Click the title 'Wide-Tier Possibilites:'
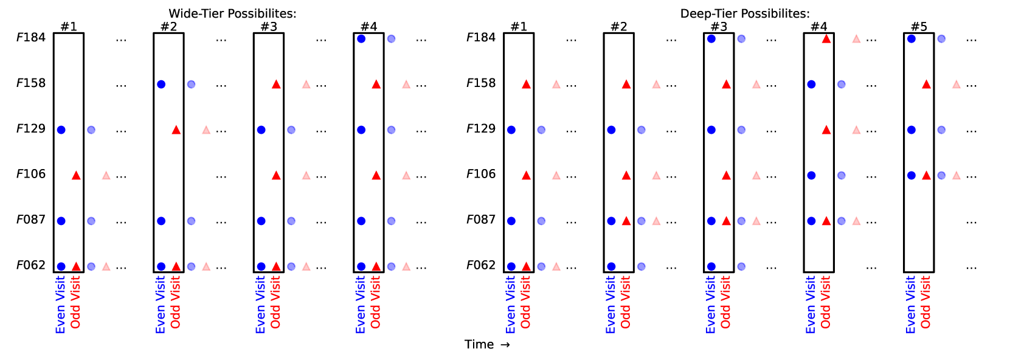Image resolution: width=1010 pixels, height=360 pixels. (232, 13)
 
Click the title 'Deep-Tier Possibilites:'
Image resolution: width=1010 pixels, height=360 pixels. (745, 13)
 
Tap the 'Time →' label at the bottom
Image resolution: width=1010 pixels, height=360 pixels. (487, 345)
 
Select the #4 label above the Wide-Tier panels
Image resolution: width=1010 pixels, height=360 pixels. (368, 27)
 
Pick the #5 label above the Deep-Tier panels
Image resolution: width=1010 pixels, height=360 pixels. (919, 27)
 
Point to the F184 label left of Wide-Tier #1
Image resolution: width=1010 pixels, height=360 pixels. (31, 38)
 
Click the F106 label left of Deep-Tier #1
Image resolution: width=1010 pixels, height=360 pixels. (481, 175)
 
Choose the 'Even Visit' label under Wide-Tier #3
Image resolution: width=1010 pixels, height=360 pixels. (261, 304)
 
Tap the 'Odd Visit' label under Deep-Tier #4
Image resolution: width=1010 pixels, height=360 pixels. (826, 302)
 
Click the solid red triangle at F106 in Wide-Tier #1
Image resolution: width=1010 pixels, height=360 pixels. (76, 175)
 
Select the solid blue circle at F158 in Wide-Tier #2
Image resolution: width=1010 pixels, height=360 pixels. (161, 84)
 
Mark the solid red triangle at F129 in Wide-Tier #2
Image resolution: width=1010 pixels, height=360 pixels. (176, 130)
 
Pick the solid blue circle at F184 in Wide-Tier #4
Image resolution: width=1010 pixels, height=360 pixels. (361, 39)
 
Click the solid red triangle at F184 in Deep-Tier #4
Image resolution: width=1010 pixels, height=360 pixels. (826, 39)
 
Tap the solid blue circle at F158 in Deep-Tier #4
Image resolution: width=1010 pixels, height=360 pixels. (811, 84)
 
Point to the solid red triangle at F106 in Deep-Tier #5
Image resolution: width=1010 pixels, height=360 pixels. (926, 175)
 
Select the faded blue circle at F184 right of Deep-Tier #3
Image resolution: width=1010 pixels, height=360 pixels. (741, 39)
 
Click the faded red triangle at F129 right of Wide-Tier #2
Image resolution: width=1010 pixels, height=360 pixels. (206, 130)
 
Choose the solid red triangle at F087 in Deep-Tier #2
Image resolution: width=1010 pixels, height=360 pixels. (626, 221)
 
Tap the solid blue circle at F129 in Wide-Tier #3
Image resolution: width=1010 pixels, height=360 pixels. (261, 130)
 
